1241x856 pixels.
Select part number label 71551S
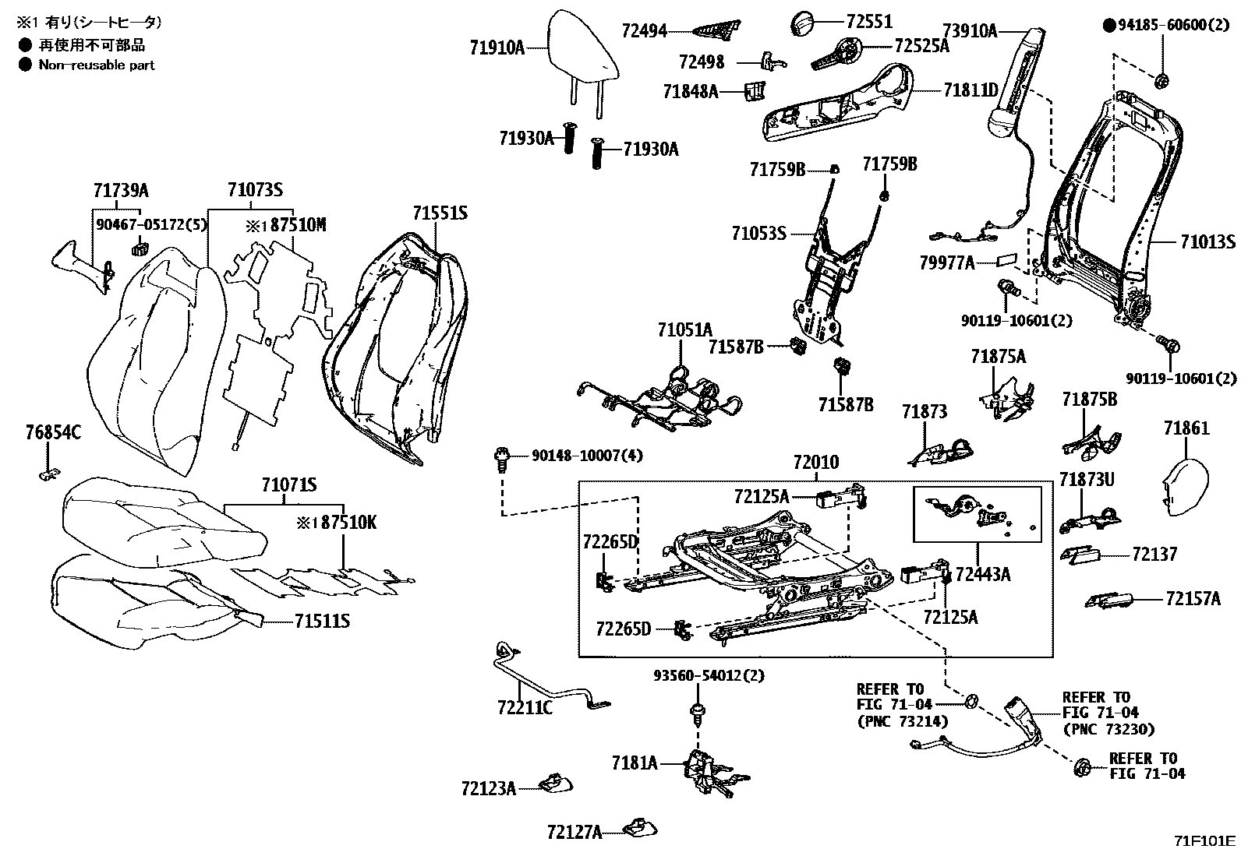pos(440,213)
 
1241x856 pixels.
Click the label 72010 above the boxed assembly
pos(815,463)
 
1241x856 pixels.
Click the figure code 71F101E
pos(1205,840)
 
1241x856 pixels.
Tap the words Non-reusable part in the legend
pos(97,65)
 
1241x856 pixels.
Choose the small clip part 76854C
pos(48,473)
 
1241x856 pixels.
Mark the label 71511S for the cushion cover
pos(322,621)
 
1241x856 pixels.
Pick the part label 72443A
pos(982,575)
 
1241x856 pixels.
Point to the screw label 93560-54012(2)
pos(709,676)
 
